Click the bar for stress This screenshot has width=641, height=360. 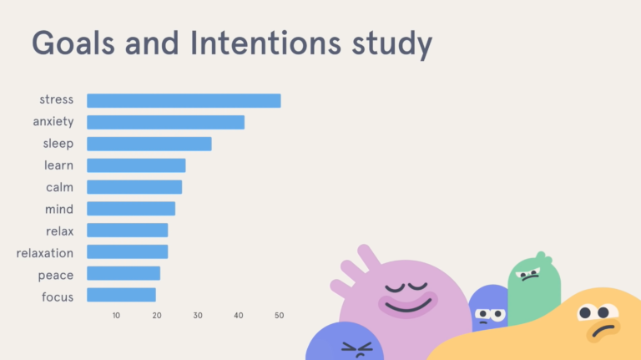[x=184, y=101]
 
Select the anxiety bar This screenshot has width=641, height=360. [x=165, y=123]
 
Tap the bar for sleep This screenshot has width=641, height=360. [x=149, y=144]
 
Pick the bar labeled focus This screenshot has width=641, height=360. [x=121, y=295]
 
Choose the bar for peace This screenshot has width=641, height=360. [x=124, y=273]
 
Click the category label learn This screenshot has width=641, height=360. [x=58, y=165]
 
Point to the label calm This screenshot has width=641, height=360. [x=59, y=187]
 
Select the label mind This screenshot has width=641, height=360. [x=58, y=209]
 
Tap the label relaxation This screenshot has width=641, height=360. [x=45, y=252]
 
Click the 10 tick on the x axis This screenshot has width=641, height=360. [x=116, y=316]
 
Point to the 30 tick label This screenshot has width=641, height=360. [x=198, y=316]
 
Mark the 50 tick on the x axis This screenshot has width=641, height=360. [x=280, y=316]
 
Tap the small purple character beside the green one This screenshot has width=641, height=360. [x=487, y=311]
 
